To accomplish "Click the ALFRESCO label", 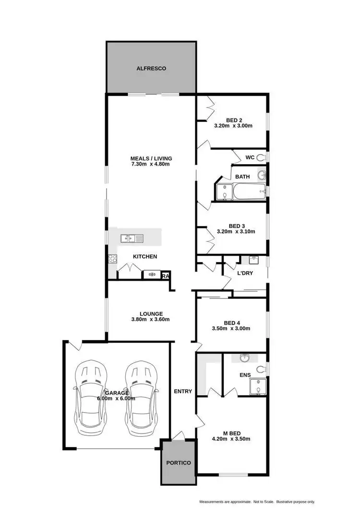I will point(151,69).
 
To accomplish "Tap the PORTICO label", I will point(178,463).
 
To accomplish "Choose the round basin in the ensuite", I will point(245,358).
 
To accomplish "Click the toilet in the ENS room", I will point(260,369).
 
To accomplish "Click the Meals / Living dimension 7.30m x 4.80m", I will point(151,164).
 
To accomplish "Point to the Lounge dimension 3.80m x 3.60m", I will point(151,319).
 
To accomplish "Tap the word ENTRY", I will point(183,392).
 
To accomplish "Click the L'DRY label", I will point(245,273).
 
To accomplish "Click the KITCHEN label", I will point(145,257).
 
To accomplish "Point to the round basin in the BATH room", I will point(262,175).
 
